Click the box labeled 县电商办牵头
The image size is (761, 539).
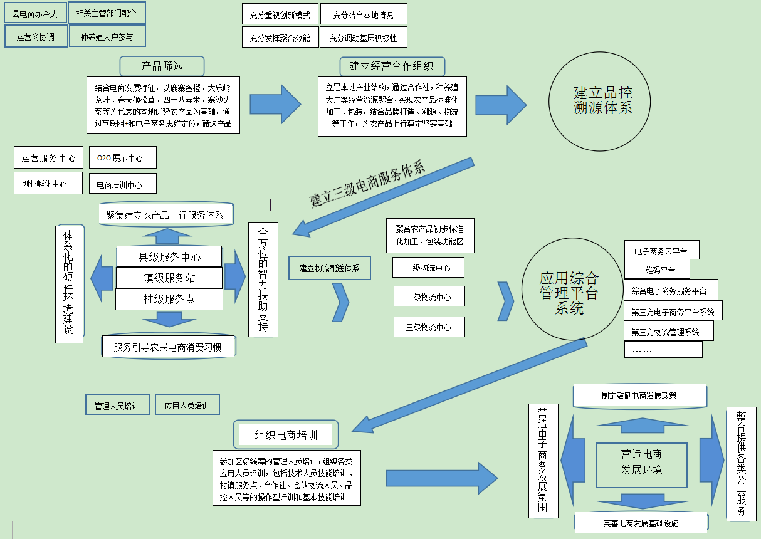[x=35, y=13]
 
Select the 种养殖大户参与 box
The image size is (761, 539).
[x=107, y=36]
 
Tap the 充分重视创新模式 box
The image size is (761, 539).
[x=280, y=14]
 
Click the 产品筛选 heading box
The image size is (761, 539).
[x=162, y=66]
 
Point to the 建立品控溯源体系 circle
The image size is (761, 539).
[x=599, y=101]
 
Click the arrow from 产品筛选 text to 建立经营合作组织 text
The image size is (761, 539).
[x=275, y=104]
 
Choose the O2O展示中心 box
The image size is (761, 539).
[x=123, y=157]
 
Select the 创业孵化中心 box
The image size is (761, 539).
[x=48, y=183]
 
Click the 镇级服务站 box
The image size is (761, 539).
[x=169, y=278]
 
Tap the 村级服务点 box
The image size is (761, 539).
[x=169, y=299]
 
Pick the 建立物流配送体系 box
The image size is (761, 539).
[x=330, y=268]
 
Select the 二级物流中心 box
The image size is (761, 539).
[x=429, y=296]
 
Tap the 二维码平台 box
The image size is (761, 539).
[x=657, y=269]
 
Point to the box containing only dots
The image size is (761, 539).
[x=663, y=350]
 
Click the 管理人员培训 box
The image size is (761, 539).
[x=118, y=404]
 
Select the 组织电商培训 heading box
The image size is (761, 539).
[x=286, y=435]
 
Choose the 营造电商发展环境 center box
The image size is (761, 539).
[x=642, y=465]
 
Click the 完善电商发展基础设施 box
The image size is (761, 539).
[x=641, y=523]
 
